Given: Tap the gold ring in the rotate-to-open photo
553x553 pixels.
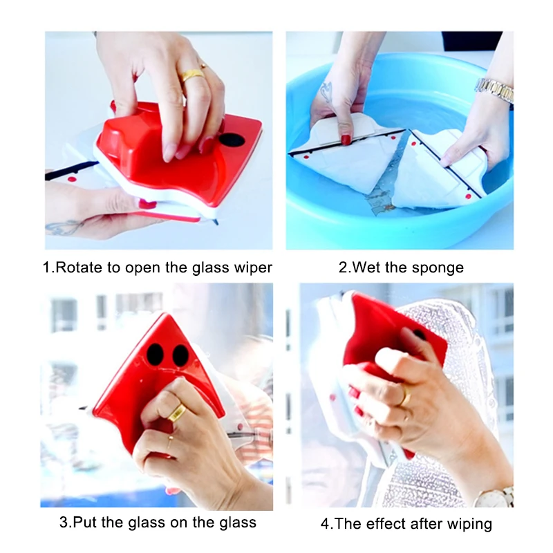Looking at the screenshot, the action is pyautogui.click(x=192, y=75).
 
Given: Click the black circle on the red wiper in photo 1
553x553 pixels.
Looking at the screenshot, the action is pyautogui.click(x=232, y=140).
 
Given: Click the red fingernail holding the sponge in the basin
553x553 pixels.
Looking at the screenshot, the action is pyautogui.click(x=346, y=140).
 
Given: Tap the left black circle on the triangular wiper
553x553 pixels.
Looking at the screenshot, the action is pyautogui.click(x=155, y=354).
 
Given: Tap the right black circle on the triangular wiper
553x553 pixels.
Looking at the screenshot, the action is pyautogui.click(x=181, y=355).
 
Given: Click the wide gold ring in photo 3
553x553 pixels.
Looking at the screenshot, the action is pyautogui.click(x=177, y=412).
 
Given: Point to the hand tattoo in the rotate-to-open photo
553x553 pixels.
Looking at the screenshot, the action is pyautogui.click(x=64, y=228).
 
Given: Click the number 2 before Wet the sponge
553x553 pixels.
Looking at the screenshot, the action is pyautogui.click(x=343, y=268).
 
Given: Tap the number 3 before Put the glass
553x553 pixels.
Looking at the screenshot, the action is pyautogui.click(x=64, y=523).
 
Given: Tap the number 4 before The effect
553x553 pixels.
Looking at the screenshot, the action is pyautogui.click(x=325, y=524).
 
